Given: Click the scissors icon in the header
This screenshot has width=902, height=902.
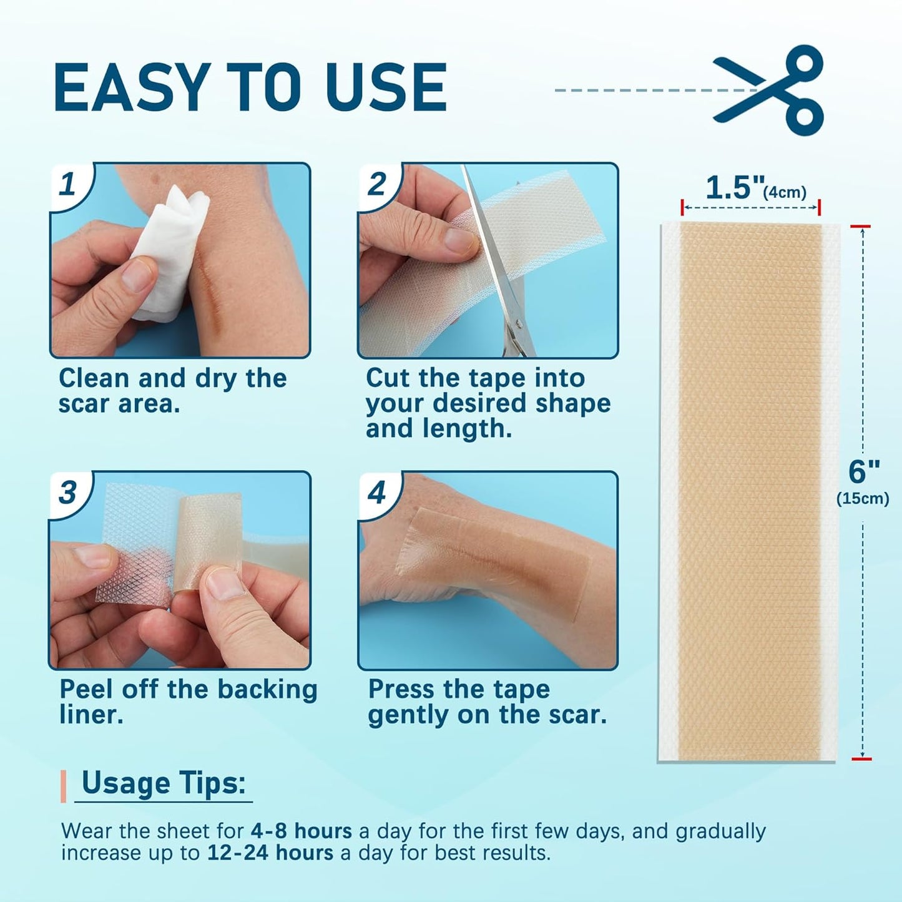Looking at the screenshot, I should pyautogui.click(x=771, y=90).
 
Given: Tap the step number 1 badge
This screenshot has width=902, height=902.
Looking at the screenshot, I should pyautogui.click(x=68, y=184).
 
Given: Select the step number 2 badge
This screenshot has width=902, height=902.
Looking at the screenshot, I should pyautogui.click(x=376, y=184).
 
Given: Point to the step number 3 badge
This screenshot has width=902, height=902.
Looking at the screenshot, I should pyautogui.click(x=68, y=493).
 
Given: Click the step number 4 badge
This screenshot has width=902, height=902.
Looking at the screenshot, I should pyautogui.click(x=376, y=493).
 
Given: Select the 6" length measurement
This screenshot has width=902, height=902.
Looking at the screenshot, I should pyautogui.click(x=864, y=471).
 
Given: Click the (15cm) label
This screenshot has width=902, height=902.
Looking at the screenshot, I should pyautogui.click(x=863, y=499).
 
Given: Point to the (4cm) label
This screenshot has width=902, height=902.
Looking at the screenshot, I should pyautogui.click(x=785, y=192).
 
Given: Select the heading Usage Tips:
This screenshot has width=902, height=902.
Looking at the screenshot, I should pyautogui.click(x=164, y=783).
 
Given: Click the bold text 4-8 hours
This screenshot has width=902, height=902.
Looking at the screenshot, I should pyautogui.click(x=301, y=831).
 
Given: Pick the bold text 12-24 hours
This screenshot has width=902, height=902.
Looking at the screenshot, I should pyautogui.click(x=270, y=853).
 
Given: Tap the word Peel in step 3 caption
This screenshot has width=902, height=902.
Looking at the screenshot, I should pyautogui.click(x=86, y=689).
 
